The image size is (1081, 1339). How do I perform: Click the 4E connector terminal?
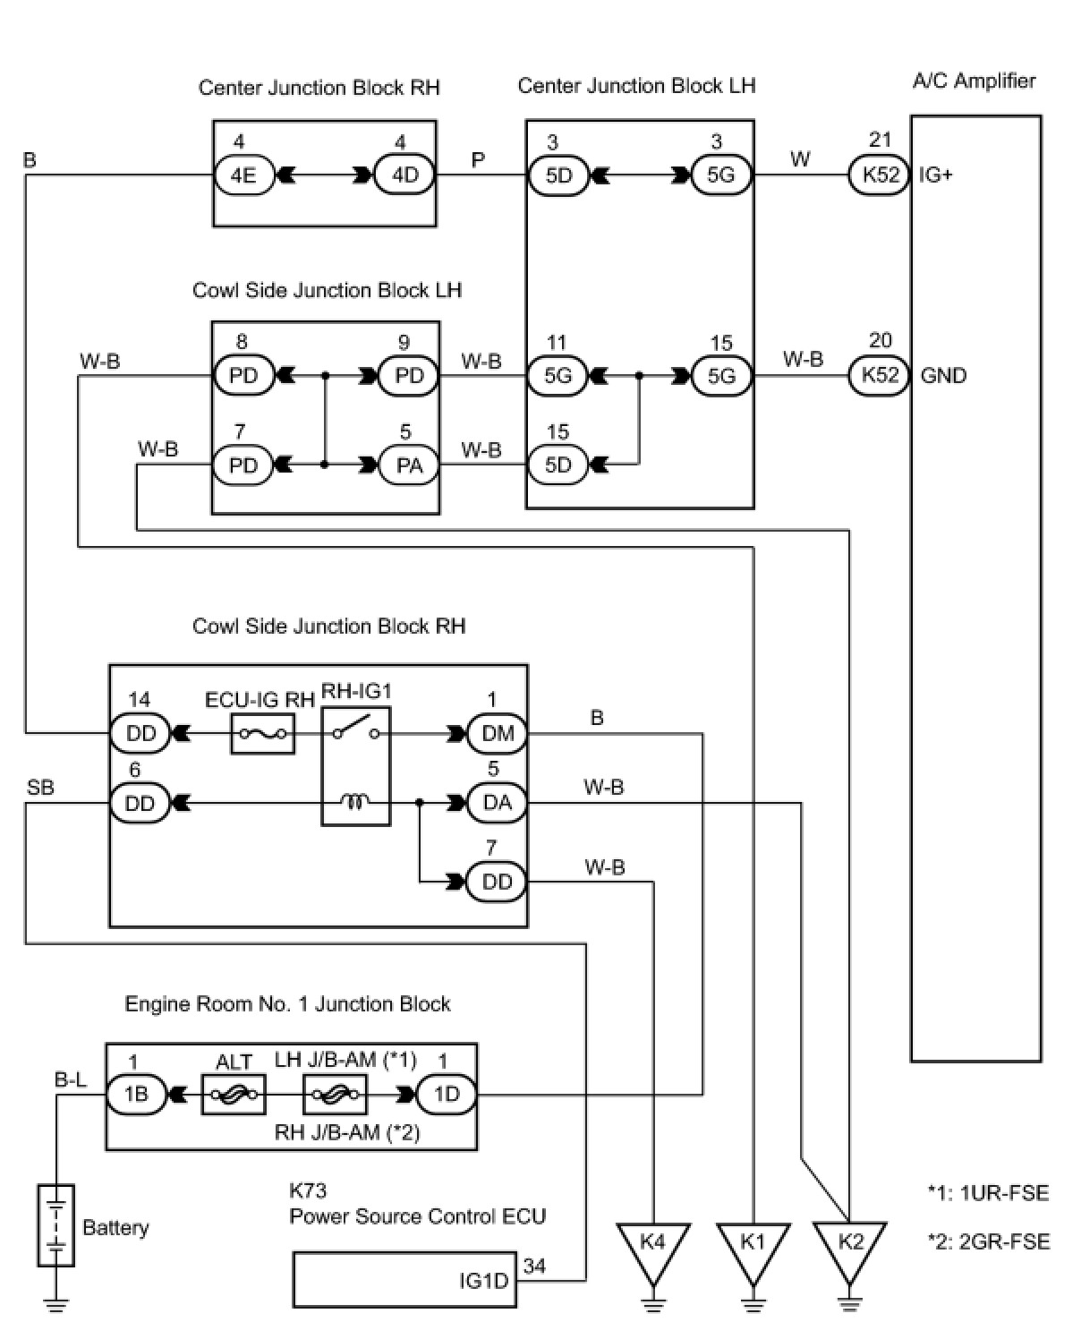click(243, 175)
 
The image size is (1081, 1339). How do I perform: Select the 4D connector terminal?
click(404, 175)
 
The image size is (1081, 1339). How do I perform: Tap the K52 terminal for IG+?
click(880, 175)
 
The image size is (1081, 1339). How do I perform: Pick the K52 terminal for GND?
click(880, 375)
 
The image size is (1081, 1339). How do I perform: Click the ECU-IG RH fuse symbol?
click(263, 734)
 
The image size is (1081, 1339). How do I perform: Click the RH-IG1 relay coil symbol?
click(355, 803)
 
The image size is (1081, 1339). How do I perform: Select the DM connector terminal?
click(498, 734)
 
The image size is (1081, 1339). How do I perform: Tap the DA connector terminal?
click(498, 803)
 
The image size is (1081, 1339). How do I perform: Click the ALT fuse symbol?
click(234, 1094)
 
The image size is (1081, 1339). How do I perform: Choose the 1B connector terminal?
click(136, 1094)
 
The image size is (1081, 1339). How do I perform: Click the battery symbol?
click(55, 1225)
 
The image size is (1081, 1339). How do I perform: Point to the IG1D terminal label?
click(483, 1281)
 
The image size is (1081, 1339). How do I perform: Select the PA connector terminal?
click(409, 465)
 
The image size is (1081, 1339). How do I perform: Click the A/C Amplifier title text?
click(974, 81)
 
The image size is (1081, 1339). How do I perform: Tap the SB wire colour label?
click(40, 788)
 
